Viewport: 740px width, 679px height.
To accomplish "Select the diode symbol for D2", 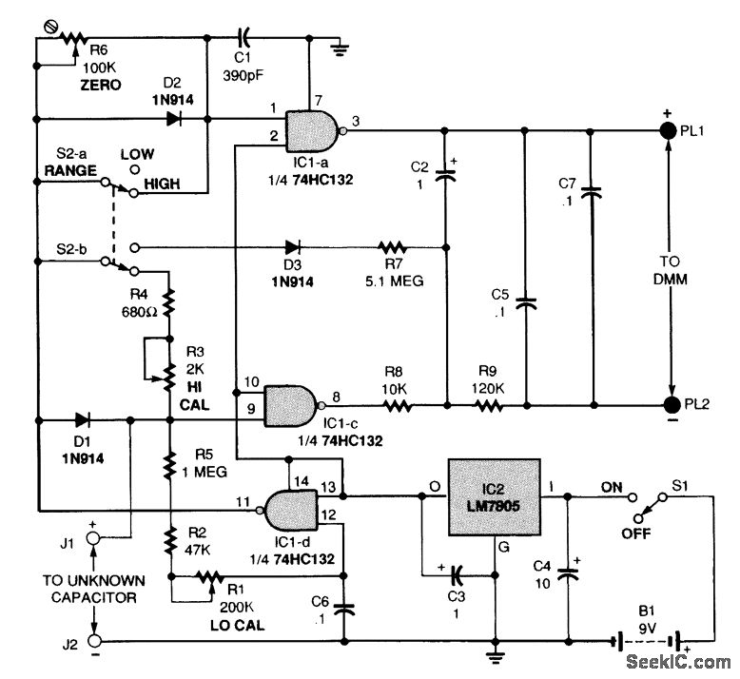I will point(173,120).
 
